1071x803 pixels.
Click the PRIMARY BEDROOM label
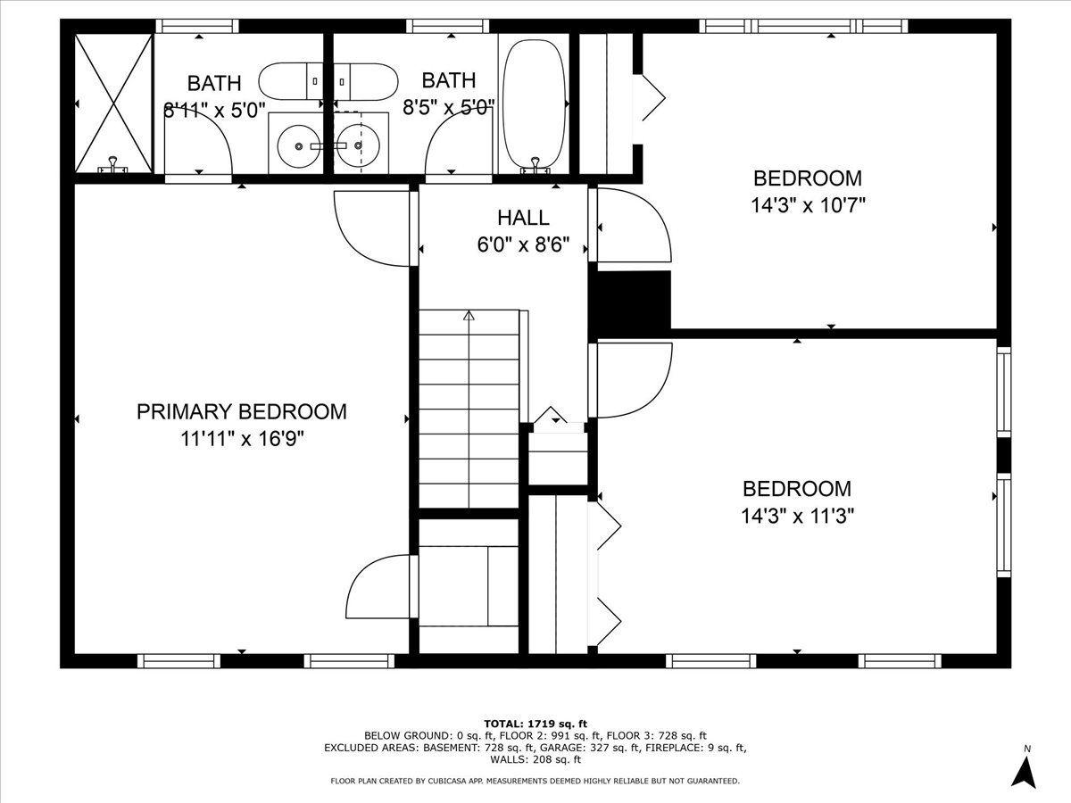click(241, 411)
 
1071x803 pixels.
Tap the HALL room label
click(523, 218)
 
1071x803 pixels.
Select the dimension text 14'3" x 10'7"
click(808, 204)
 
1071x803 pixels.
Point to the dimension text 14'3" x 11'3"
click(797, 516)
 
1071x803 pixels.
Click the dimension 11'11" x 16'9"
click(241, 439)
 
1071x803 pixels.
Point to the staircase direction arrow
click(469, 315)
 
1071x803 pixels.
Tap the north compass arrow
click(1025, 771)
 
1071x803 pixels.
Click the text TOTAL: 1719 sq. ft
click(535, 723)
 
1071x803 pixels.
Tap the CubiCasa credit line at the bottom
click(535, 781)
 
